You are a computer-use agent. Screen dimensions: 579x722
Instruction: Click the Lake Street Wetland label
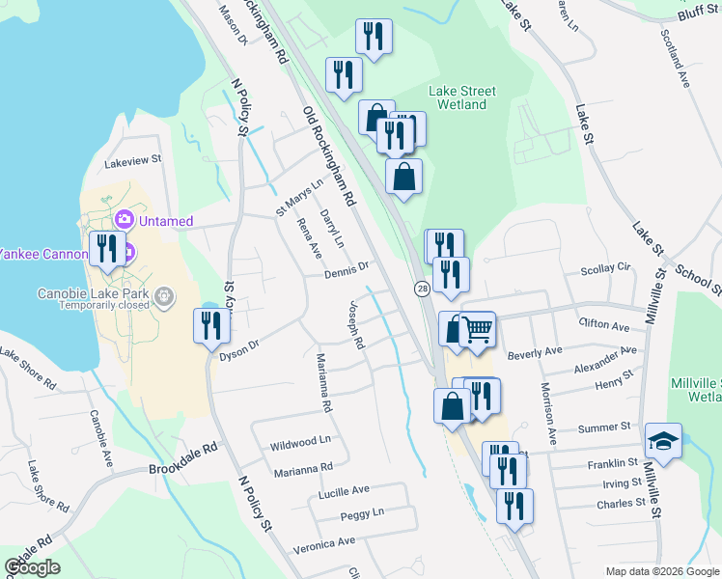click(x=461, y=97)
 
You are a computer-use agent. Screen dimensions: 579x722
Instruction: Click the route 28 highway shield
click(x=422, y=289)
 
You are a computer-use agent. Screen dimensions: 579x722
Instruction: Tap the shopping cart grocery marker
click(x=478, y=330)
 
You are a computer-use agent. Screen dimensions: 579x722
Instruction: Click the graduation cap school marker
click(x=663, y=441)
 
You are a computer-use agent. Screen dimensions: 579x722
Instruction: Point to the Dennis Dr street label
click(x=347, y=270)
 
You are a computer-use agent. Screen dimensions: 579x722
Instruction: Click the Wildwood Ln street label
click(x=300, y=443)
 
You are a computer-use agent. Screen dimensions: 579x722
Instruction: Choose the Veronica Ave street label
click(x=324, y=544)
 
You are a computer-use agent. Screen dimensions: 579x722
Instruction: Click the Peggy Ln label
click(x=362, y=513)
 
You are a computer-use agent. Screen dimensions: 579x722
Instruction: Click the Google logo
click(x=33, y=566)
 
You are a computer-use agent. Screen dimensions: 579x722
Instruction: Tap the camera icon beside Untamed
click(x=123, y=221)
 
